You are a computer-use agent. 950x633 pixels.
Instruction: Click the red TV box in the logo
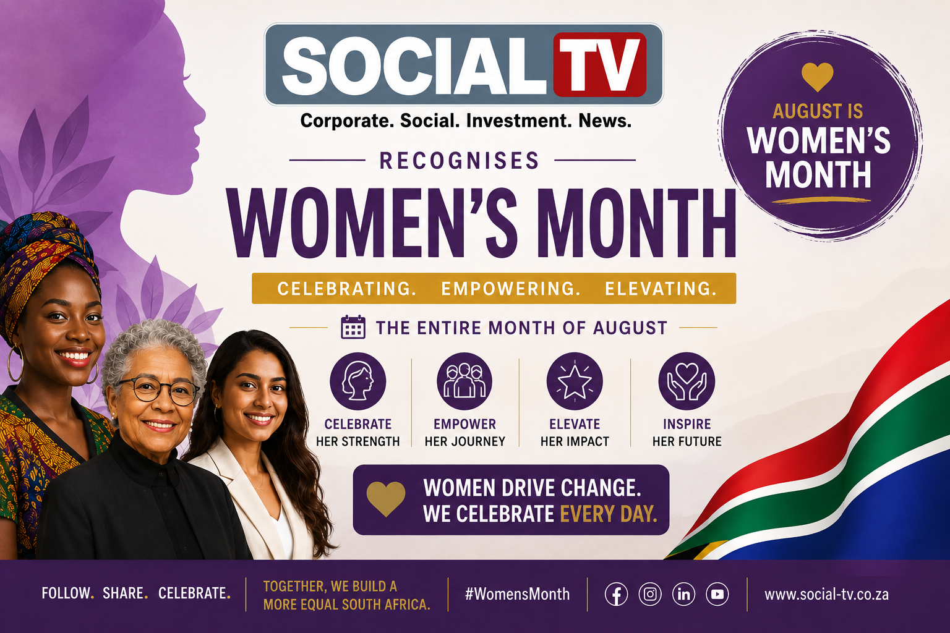click(x=600, y=64)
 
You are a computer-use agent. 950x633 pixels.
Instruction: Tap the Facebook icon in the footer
click(x=616, y=594)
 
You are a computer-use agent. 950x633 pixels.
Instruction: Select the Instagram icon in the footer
click(x=650, y=594)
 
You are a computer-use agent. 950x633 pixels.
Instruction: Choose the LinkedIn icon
click(x=683, y=594)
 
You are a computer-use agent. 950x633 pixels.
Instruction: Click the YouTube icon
click(x=717, y=594)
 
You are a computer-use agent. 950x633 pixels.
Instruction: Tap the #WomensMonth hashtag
click(x=518, y=594)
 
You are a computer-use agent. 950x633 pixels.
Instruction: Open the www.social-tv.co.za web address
click(x=826, y=594)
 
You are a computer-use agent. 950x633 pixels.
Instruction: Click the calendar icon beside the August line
click(x=353, y=327)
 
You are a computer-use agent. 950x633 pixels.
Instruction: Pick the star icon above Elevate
click(x=574, y=381)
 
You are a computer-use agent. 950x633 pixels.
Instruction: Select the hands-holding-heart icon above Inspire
click(x=687, y=381)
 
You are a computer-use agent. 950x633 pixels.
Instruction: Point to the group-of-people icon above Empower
click(x=464, y=381)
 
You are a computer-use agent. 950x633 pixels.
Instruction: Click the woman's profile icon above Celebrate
click(x=358, y=381)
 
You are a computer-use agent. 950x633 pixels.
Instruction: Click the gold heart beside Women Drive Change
click(x=386, y=499)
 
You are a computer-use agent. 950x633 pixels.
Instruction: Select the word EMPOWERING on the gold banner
click(x=511, y=289)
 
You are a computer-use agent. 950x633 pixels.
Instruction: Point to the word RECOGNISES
click(x=460, y=161)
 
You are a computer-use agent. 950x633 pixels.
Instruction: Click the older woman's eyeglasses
click(x=158, y=391)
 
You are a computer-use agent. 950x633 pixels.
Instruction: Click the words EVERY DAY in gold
click(x=609, y=514)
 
